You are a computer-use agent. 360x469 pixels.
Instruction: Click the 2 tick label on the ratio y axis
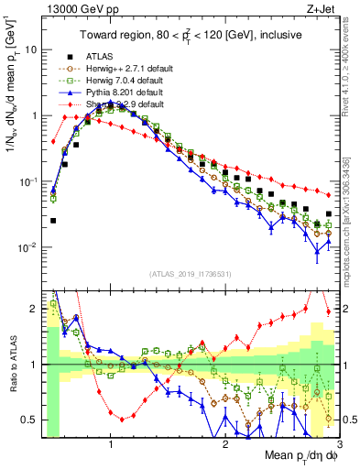[34, 310]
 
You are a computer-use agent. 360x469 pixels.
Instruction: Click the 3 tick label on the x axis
[339, 443]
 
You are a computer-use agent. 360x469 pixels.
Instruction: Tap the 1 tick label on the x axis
[111, 443]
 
